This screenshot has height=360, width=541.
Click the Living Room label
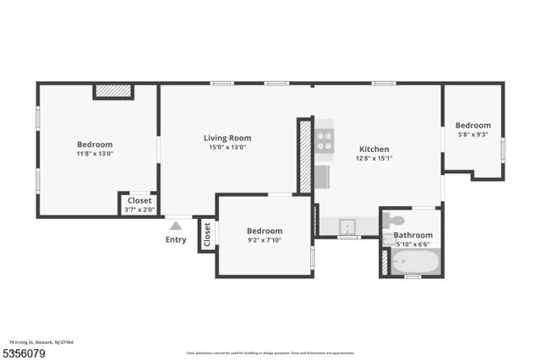pos(227,138)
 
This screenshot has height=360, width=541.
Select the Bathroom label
pos(413,235)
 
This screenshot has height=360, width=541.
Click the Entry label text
pos(176,240)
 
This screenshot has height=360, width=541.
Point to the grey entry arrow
pos(176,226)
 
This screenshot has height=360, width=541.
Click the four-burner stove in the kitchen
pos(324,139)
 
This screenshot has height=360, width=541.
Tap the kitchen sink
pos(347,226)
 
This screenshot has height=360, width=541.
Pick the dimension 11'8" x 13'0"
pos(95,154)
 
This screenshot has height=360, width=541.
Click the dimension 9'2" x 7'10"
pos(264,241)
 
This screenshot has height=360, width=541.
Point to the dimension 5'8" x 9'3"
pos(473,134)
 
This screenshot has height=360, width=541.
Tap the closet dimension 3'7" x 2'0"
pos(139,210)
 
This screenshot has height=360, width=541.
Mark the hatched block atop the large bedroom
pos(112,90)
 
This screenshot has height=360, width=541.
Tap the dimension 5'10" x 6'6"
pos(413,244)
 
